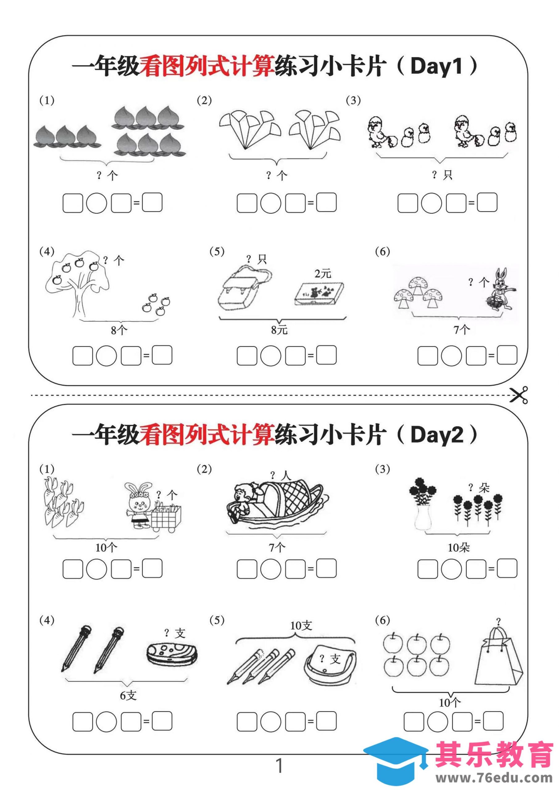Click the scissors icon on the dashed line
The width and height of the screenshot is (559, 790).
coord(519,395)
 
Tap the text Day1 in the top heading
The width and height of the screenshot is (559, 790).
coord(436,66)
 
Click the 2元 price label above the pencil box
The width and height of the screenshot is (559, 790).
coord(323,273)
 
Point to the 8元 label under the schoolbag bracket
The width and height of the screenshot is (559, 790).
coord(279,330)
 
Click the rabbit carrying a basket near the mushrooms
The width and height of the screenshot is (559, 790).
coord(499,290)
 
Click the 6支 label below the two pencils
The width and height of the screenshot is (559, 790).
coord(128,692)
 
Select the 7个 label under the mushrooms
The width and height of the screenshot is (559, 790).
coord(461,330)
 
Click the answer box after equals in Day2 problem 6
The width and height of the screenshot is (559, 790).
coord(493,721)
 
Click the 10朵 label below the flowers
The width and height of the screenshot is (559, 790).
coord(458,547)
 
